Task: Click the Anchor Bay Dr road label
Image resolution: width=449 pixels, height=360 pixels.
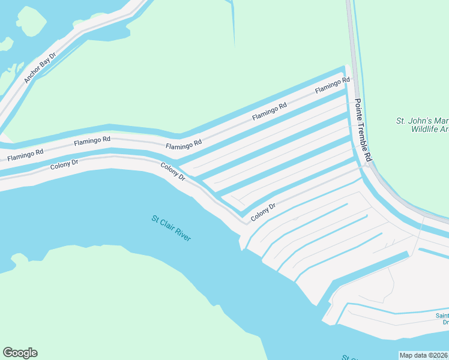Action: pos(40,67)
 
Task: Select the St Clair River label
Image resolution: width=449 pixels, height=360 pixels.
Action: pos(171,229)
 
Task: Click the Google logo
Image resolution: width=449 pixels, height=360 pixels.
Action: pos(20,353)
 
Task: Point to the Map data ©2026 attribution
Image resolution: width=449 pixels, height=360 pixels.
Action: pos(423,355)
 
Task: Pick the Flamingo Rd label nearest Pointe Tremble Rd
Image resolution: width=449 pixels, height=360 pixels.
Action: pos(333,85)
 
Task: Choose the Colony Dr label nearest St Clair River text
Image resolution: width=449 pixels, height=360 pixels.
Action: pos(172,172)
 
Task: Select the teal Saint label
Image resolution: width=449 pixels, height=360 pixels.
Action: pos(442,316)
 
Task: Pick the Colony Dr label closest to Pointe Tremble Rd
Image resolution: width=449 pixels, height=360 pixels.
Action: pos(264,211)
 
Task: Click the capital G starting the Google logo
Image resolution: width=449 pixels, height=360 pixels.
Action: pos(8,353)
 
